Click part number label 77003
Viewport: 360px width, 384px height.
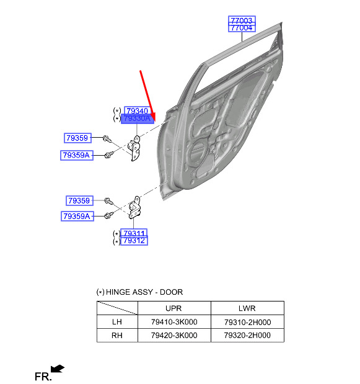coord(242,20)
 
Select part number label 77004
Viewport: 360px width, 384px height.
coord(242,28)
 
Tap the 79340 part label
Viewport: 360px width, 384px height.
coord(137,110)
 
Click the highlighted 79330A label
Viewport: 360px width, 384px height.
coord(138,118)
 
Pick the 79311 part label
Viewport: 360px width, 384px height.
coord(134,233)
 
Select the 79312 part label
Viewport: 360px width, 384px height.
coord(134,241)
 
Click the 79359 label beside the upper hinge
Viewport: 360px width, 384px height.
coord(77,138)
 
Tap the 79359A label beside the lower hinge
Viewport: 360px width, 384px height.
coord(77,217)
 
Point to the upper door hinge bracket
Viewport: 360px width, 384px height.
coord(134,148)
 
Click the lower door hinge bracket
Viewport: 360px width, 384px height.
coord(134,207)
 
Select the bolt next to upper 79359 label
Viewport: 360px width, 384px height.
coord(107,139)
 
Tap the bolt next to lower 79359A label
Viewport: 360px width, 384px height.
coord(109,215)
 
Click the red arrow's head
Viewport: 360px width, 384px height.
coord(153,117)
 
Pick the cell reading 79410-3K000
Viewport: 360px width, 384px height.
coord(174,322)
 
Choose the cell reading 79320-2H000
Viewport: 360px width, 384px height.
coord(247,335)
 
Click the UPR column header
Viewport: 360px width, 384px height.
coord(173,308)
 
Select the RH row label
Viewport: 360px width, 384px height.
coord(117,335)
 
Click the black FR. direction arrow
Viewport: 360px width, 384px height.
coord(58,368)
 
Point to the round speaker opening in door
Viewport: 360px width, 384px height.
coord(198,150)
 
